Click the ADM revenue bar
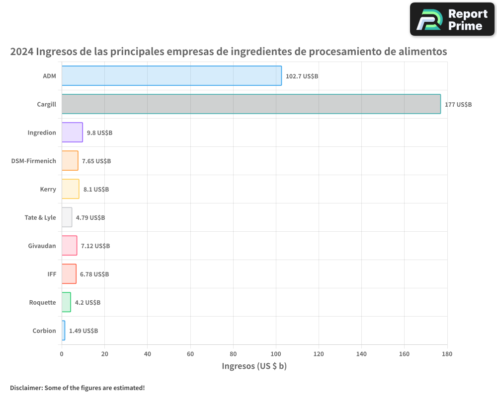pyautogui.click(x=171, y=76)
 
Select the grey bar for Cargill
pyautogui.click(x=251, y=104)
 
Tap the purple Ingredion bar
pyautogui.click(x=72, y=132)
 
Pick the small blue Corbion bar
pyautogui.click(x=63, y=331)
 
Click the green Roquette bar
pyautogui.click(x=66, y=302)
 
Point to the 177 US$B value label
pyautogui.click(x=458, y=104)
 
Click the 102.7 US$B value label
pyautogui.click(x=302, y=76)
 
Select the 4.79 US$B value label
pyautogui.click(x=90, y=217)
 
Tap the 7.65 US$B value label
pyautogui.click(x=96, y=161)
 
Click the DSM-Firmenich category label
pyautogui.click(x=33, y=161)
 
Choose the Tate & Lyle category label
pyautogui.click(x=40, y=217)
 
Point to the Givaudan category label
pyautogui.click(x=42, y=246)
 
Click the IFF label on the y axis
pyautogui.click(x=52, y=274)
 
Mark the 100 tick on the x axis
pyautogui.click(x=276, y=354)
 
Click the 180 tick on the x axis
pyautogui.click(x=447, y=354)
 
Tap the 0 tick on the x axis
pyautogui.click(x=62, y=354)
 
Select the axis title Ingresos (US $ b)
pyautogui.click(x=254, y=366)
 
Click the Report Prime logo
pyautogui.click(x=452, y=19)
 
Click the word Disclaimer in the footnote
pyautogui.click(x=26, y=388)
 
